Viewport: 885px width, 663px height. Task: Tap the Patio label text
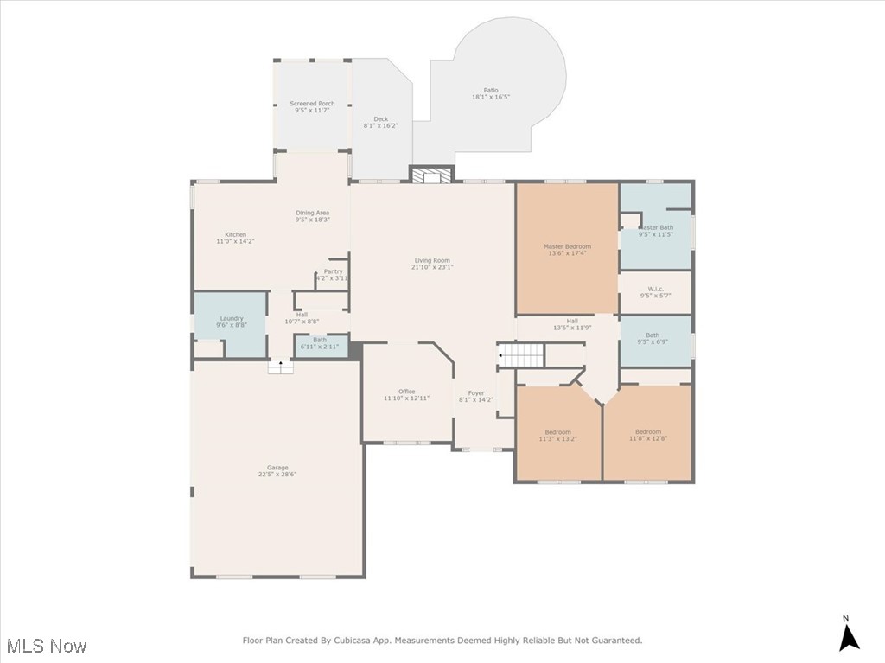491,91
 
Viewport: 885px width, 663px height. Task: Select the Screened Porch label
312,104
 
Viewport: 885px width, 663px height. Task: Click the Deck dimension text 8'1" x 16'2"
381,126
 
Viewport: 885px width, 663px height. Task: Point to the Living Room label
432,260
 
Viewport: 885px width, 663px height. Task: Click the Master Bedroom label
567,246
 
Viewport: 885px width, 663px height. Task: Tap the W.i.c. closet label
655,289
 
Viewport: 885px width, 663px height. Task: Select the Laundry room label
232,318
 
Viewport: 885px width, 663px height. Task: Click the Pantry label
333,271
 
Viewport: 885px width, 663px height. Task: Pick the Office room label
407,392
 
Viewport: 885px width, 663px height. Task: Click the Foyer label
476,393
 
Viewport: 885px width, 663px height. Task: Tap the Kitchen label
235,235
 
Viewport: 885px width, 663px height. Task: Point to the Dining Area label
312,213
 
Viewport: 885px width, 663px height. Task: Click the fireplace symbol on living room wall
430,176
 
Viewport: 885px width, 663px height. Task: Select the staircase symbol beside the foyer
521,354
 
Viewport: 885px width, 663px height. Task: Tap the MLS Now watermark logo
45,646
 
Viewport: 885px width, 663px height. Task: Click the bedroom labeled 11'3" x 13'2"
557,432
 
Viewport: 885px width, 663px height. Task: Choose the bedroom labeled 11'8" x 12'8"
647,432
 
